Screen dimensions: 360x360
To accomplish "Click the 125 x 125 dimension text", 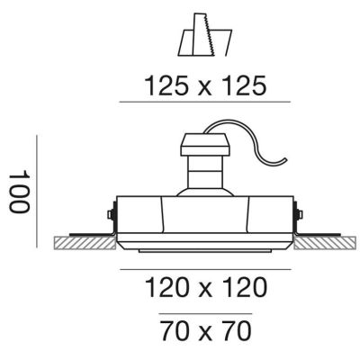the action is pos(205,85).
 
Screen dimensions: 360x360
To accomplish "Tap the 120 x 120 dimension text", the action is pos(206,287).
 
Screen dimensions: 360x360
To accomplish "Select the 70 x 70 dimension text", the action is pos(205,331).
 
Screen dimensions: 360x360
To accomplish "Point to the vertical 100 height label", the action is pos(20,192).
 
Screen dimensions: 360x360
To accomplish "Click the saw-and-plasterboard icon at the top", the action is pos(205,34).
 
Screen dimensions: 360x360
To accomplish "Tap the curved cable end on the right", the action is pos(285,159).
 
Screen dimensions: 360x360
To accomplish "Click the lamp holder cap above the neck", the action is pos(205,145).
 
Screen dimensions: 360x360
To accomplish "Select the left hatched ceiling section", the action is pos(85,243).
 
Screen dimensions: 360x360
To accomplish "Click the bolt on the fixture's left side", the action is pos(111,214).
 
